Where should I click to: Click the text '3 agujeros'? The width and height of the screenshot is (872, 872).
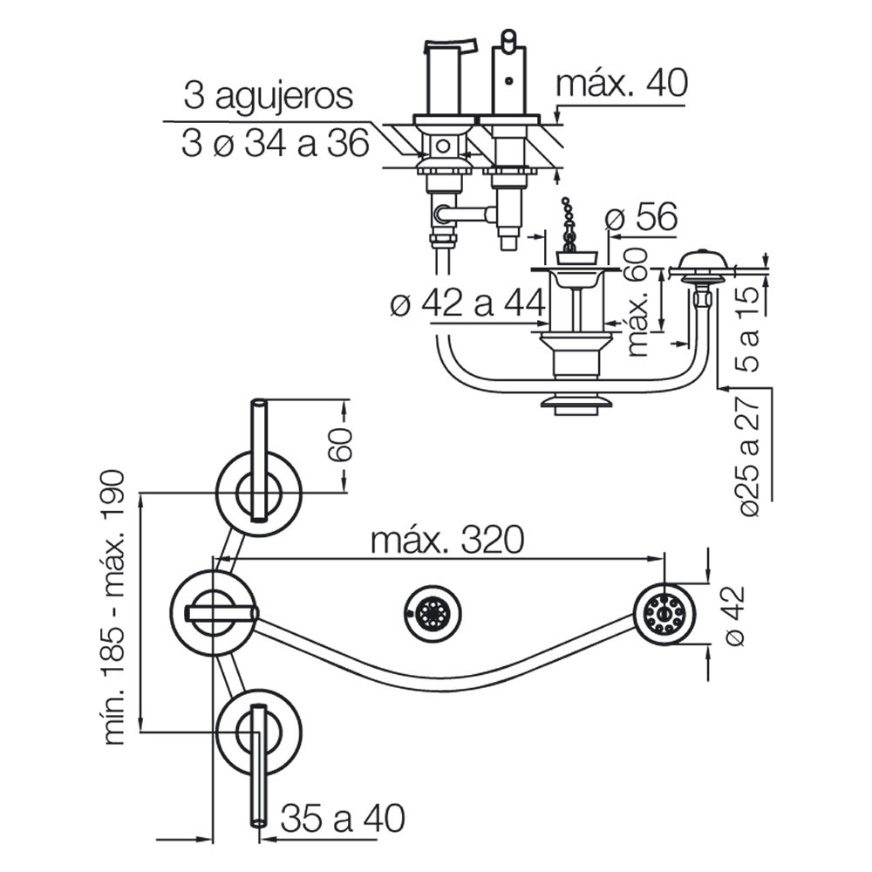pos(268,96)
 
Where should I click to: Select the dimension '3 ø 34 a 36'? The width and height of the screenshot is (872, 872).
pos(276,144)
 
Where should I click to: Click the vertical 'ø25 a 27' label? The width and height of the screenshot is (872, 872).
pos(750,454)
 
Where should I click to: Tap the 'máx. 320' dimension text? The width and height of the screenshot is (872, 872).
pos(447,540)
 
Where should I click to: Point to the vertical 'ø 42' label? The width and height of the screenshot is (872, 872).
pos(733,616)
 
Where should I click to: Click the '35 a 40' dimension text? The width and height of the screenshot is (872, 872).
pos(343,818)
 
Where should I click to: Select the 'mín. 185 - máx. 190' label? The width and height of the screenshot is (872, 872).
pos(112,608)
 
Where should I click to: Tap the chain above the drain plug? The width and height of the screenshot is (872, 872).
pos(568,225)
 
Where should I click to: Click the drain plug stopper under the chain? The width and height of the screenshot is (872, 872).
pos(577,258)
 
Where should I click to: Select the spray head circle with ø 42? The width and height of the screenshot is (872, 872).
pos(664,615)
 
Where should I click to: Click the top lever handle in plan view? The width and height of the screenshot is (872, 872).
pos(259,460)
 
